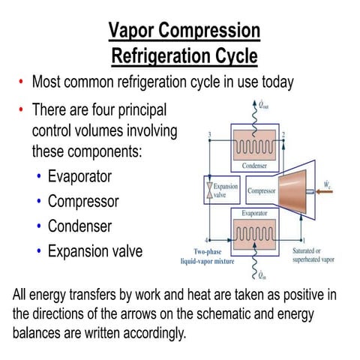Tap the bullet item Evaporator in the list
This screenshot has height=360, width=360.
pos(79,177)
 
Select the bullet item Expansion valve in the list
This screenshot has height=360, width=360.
pos(95,250)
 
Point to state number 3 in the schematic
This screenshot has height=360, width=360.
pos(208,135)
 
